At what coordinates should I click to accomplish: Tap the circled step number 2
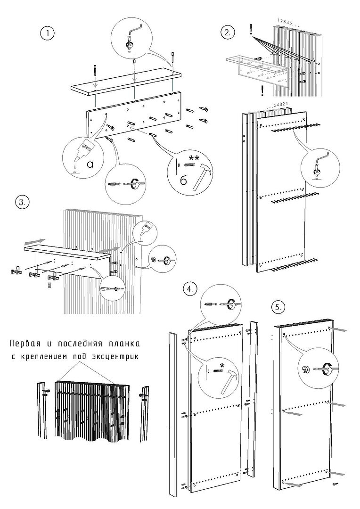tap(228, 33)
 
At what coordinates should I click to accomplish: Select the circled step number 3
tap(22, 202)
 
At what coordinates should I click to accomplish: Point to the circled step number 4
tap(190, 289)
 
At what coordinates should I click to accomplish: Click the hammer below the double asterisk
tap(202, 176)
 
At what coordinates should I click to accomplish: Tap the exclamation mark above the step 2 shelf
tap(252, 31)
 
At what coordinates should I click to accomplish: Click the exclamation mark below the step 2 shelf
tap(262, 90)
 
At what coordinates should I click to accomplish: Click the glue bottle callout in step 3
tap(145, 230)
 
